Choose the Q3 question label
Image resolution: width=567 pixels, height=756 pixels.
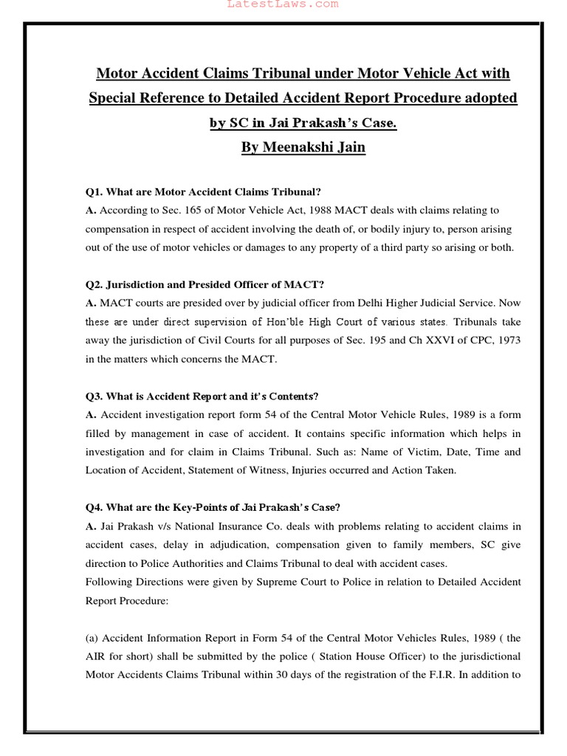94,396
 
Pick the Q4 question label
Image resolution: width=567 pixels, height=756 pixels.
94,507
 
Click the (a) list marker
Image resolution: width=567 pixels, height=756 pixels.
92,637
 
